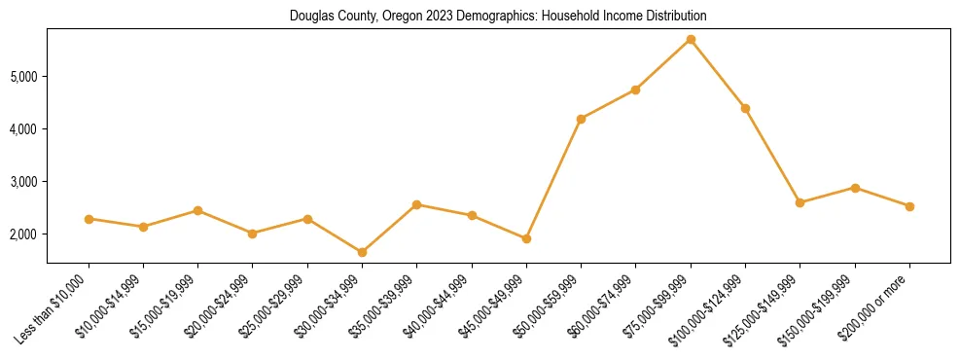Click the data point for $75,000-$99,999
coord(691,40)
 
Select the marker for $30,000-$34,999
coord(362,252)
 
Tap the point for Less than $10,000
coord(89,219)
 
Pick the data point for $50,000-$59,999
coord(581,119)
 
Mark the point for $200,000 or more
coord(909,206)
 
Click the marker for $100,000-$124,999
coord(745,108)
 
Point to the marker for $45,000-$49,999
coord(526,238)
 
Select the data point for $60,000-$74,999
coord(635,90)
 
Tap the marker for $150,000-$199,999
coord(855,188)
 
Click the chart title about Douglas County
coord(498,17)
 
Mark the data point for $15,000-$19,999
coord(197,210)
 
